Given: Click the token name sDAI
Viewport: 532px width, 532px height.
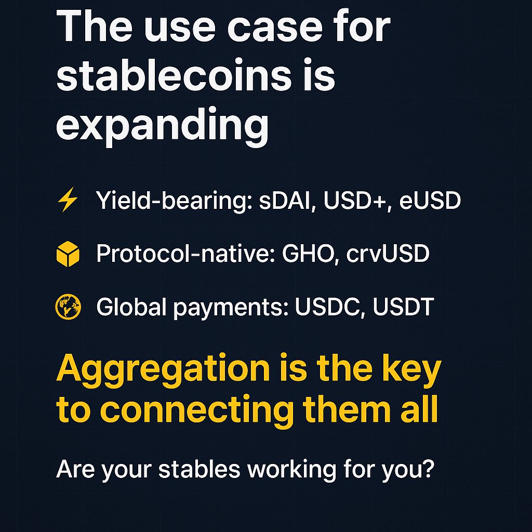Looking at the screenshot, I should click(x=285, y=201).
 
